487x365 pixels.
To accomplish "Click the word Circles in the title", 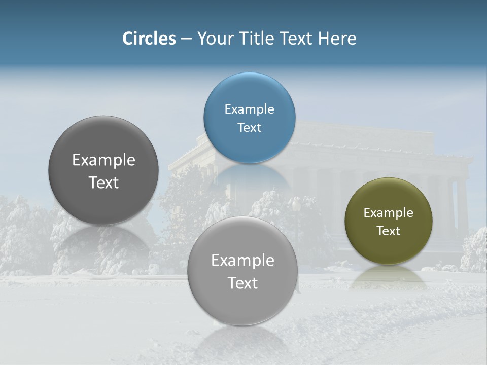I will [x=149, y=39].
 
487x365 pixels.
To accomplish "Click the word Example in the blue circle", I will [x=250, y=109].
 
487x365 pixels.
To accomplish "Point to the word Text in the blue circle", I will [x=250, y=127].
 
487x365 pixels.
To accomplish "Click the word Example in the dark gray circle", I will [x=103, y=160].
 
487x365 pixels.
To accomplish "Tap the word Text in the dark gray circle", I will [x=103, y=182].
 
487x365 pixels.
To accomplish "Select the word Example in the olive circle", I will [x=389, y=213].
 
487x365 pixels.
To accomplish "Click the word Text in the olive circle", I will [x=389, y=231].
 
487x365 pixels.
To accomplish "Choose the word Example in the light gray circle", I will [x=242, y=261].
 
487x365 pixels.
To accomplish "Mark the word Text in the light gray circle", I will [x=242, y=283].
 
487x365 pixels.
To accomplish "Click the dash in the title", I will [x=186, y=39].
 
